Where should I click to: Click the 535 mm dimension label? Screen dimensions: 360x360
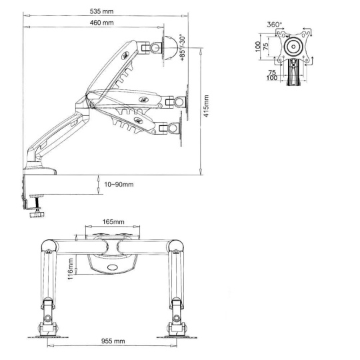pos(101,11)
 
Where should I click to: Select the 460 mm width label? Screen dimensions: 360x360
pos(101,23)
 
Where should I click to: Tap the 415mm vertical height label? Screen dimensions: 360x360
pos(207,106)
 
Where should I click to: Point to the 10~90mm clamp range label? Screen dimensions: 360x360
pos(119,185)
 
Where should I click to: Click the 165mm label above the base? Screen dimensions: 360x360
pos(113,222)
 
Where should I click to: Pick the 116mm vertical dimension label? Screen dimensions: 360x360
pos(70,269)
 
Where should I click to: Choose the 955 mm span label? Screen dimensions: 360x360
pos(113,341)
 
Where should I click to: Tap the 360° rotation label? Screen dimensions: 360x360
pos(275,25)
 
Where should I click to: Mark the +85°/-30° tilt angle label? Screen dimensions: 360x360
pos(182,48)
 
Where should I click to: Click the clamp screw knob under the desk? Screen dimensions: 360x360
pos(37,215)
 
